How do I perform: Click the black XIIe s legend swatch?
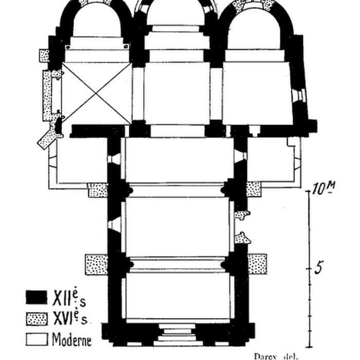click(37, 297)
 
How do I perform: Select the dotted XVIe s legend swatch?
click(37, 319)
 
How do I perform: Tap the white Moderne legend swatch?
click(37, 339)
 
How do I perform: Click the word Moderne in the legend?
click(72, 339)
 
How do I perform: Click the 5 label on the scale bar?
click(319, 267)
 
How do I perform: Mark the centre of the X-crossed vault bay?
click(97, 94)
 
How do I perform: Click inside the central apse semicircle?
click(175, 14)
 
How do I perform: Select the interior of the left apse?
click(97, 21)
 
